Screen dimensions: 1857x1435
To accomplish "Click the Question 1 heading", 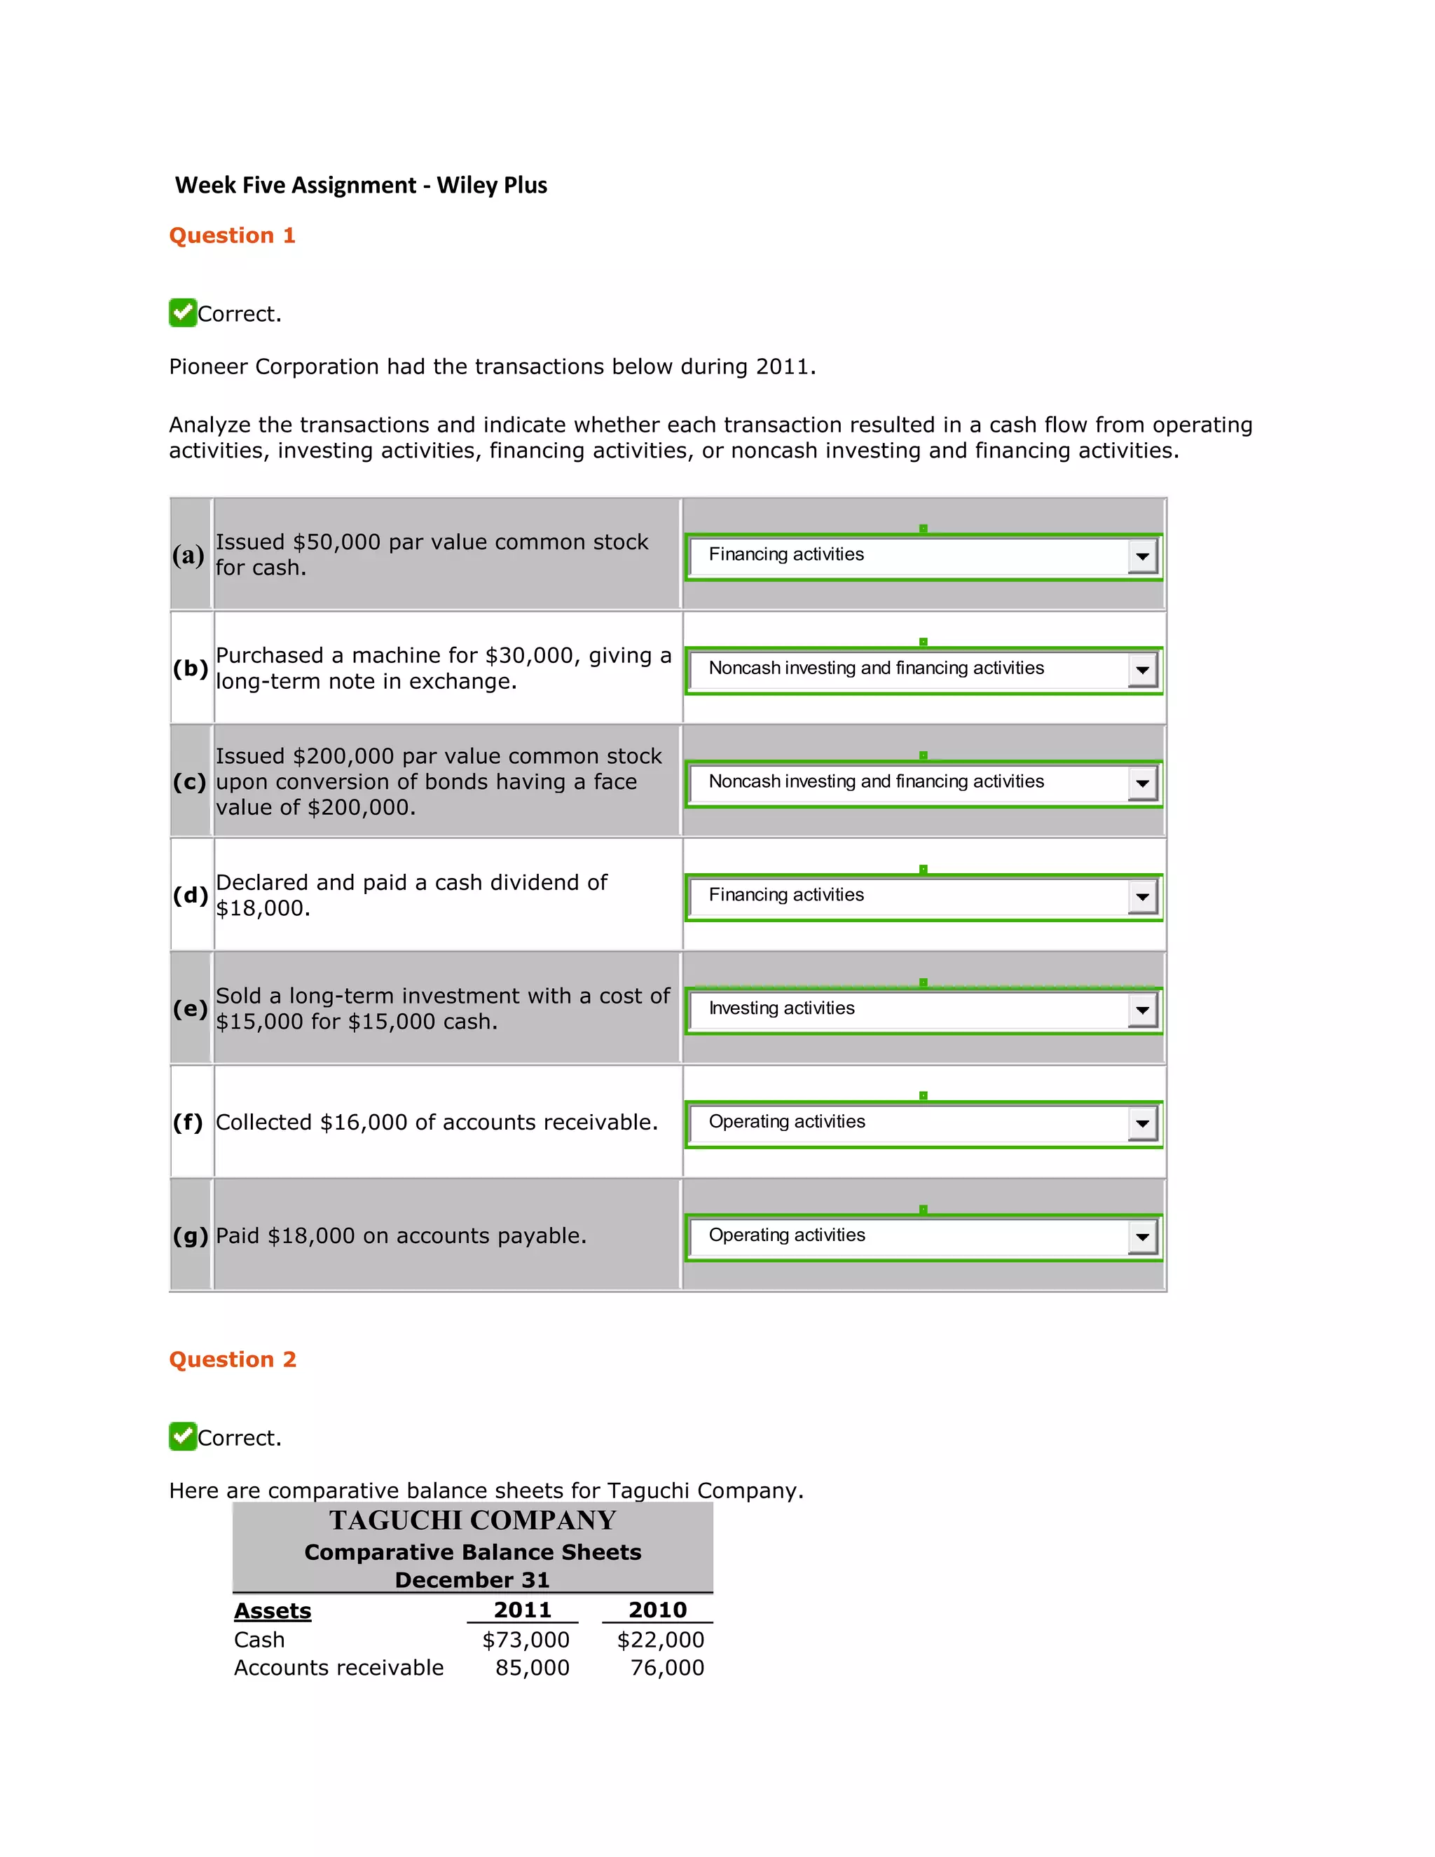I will click(232, 235).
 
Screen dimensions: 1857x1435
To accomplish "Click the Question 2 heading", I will click(232, 1359).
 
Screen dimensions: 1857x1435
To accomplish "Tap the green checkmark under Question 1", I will click(183, 313).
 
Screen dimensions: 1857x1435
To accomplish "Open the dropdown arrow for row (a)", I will click(1141, 557).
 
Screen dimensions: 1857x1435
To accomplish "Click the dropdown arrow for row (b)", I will click(1141, 670).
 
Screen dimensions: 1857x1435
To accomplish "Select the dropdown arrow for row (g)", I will click(1141, 1237).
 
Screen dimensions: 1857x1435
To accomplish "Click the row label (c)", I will click(188, 781).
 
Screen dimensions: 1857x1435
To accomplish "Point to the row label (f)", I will click(188, 1123).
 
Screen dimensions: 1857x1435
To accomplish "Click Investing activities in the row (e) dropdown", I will click(781, 1008).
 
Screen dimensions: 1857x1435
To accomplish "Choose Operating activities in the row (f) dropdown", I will click(786, 1121).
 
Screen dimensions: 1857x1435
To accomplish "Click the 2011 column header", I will click(522, 1610).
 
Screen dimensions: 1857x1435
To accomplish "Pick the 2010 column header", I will click(657, 1610).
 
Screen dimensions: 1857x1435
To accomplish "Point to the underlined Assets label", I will click(272, 1610).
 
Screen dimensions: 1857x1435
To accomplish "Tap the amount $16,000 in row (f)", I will click(363, 1123).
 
